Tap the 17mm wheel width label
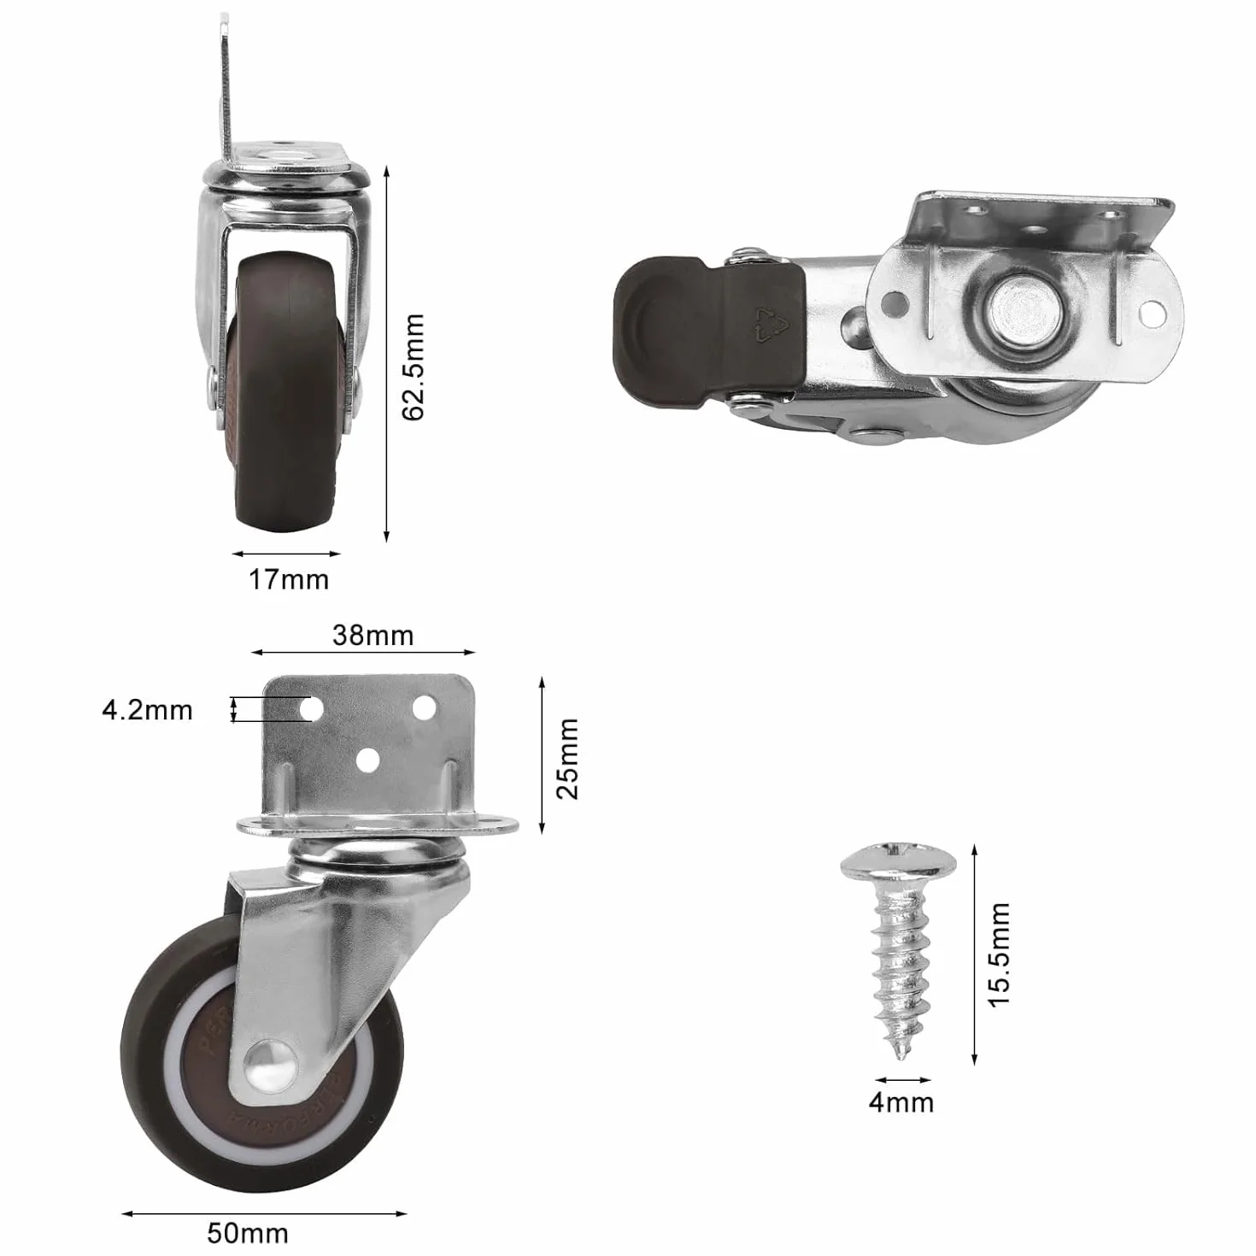pos(289,579)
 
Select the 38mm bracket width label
pos(373,636)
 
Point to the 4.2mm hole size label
pos(147,710)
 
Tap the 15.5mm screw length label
pos(999,955)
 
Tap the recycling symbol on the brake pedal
pos(771,323)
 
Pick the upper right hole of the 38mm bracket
pos(425,708)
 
